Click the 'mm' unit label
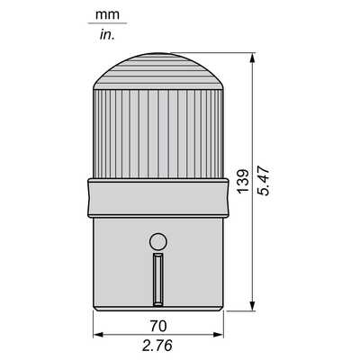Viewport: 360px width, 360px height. (107, 14)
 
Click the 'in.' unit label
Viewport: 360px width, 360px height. (107, 35)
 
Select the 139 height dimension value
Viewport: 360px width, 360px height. (243, 182)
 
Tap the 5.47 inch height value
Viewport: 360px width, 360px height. (265, 182)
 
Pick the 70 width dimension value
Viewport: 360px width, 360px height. (158, 326)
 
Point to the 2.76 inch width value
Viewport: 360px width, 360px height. (157, 346)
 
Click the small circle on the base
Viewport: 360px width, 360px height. (158, 242)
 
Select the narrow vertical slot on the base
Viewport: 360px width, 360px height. (158, 279)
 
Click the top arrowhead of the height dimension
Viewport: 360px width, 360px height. (253, 58)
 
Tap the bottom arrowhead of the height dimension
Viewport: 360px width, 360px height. (253, 306)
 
